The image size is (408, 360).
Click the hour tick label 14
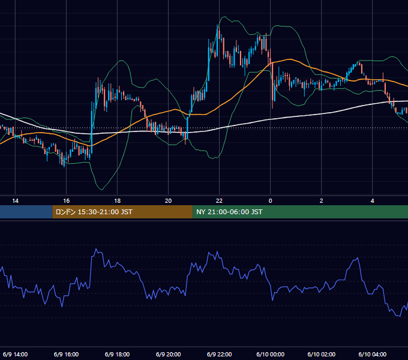point(16,201)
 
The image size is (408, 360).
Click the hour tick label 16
point(67,201)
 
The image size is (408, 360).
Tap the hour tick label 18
point(118,201)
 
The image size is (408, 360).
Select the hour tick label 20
point(169,201)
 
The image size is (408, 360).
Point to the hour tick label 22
point(220,201)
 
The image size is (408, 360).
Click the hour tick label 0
point(271,201)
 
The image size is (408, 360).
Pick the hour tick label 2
point(322,201)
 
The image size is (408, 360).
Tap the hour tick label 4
point(373,201)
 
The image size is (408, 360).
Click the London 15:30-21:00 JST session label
point(94,212)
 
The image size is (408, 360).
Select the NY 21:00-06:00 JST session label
point(229,212)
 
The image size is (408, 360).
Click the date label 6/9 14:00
point(16,354)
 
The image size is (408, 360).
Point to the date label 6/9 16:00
point(67,354)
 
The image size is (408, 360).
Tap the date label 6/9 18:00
point(118,354)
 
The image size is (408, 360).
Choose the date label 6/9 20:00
point(169,354)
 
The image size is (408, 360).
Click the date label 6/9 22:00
point(220,354)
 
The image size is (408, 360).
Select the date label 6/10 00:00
point(271,354)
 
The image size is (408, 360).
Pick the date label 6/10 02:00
point(322,354)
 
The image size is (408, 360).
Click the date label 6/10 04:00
point(373,354)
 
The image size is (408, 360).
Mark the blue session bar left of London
point(26,212)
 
